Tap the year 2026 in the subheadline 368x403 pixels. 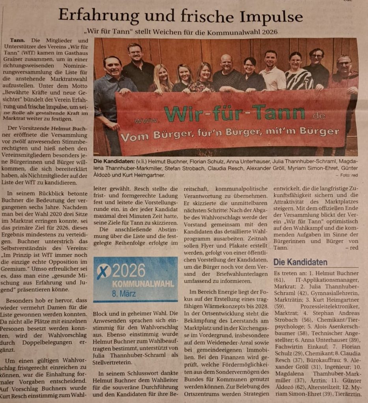pyautogui.click(x=269, y=31)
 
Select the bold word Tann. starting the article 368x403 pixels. pyautogui.click(x=17, y=40)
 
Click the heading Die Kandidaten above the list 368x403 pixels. pyautogui.click(x=300, y=262)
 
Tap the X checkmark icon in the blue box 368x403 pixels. pyautogui.click(x=103, y=272)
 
